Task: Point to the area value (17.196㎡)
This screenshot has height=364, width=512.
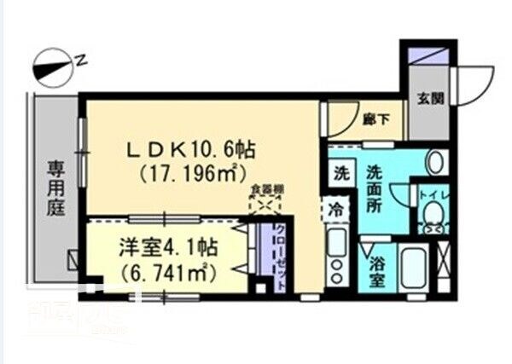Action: pyautogui.click(x=192, y=174)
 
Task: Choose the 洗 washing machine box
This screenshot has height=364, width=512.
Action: pyautogui.click(x=340, y=172)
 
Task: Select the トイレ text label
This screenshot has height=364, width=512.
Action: pyautogui.click(x=429, y=194)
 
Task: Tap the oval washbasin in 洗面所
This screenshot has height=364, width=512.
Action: pyautogui.click(x=435, y=161)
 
